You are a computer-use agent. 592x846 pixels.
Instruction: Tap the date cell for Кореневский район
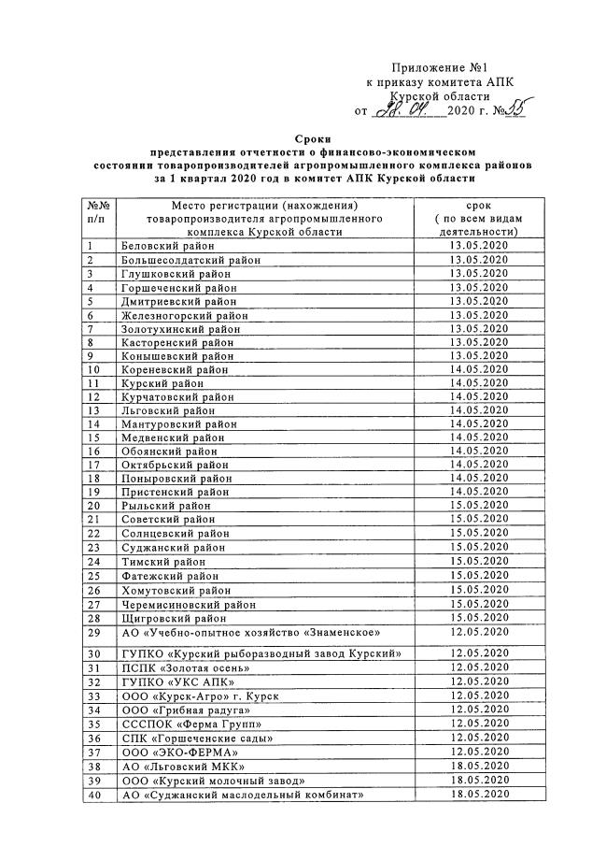[x=478, y=369]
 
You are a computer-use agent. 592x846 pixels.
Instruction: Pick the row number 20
[x=93, y=506]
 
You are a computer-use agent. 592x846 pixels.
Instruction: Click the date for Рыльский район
[x=478, y=506]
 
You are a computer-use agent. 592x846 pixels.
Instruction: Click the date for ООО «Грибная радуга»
[x=478, y=710]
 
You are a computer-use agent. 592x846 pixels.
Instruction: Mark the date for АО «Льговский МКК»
[x=478, y=766]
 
